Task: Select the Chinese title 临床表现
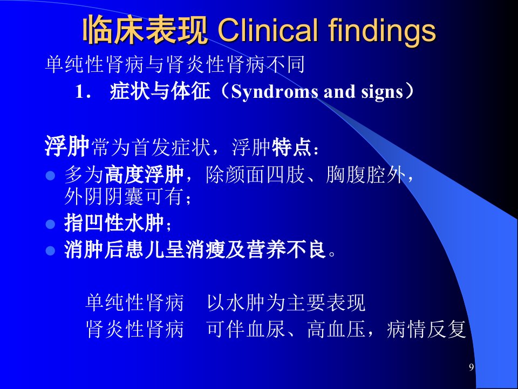pyautogui.click(x=145, y=30)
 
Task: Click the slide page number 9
pyautogui.click(x=472, y=367)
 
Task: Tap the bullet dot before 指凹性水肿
pyautogui.click(x=50, y=224)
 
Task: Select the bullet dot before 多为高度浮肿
pyautogui.click(x=50, y=175)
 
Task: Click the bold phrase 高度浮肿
pyautogui.click(x=144, y=175)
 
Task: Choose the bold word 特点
pyautogui.click(x=291, y=147)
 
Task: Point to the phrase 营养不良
pyautogui.click(x=286, y=250)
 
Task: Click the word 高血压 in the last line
pyautogui.click(x=336, y=329)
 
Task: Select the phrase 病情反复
pyautogui.click(x=426, y=329)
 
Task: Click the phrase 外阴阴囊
pyautogui.click(x=104, y=197)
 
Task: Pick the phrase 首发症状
pyautogui.click(x=171, y=147)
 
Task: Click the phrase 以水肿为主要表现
pyautogui.click(x=286, y=303)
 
